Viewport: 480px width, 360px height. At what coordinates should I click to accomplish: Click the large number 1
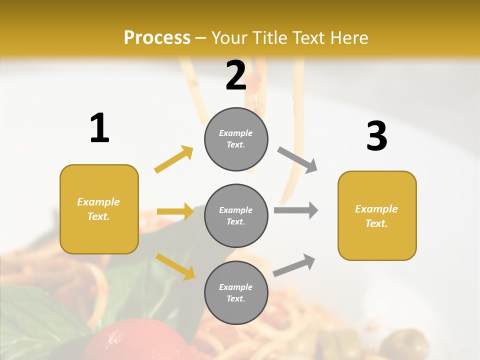coord(99,128)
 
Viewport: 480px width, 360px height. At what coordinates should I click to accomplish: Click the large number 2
coord(236,75)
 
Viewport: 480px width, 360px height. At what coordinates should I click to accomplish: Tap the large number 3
coord(376,136)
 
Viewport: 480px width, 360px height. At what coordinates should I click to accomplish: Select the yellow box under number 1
coord(99,209)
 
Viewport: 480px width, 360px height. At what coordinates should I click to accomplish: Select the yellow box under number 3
coord(377,215)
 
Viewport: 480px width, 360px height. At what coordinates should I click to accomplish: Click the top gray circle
coord(236,139)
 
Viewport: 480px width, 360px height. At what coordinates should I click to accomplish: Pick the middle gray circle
coord(236,215)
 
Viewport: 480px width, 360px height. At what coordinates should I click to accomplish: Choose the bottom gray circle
coord(236,292)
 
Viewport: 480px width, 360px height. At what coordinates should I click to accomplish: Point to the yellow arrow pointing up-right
coord(174,159)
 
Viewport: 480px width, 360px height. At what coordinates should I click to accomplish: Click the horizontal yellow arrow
coord(175,211)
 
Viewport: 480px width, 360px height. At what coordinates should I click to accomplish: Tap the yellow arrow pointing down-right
coord(175,266)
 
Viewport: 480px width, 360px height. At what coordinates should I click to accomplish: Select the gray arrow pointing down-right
coord(297,160)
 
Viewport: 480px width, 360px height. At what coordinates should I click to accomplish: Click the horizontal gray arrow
coord(296,210)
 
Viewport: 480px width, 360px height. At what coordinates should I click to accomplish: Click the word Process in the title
coord(157,37)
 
